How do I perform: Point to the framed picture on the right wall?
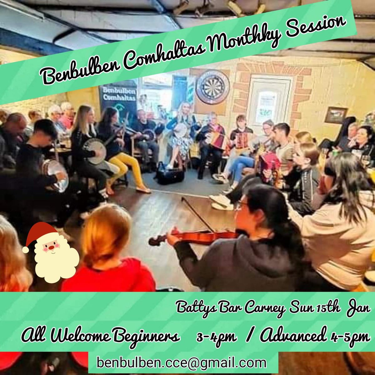[336, 115]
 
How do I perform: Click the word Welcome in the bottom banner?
[79, 337]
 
